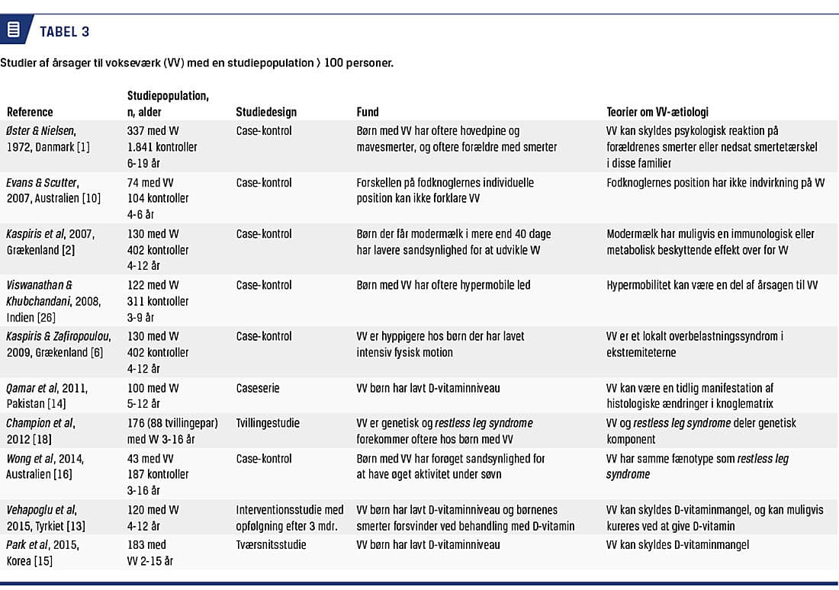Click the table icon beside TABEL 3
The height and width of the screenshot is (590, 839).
tap(13, 30)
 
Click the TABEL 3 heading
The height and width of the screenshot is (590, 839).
tap(64, 31)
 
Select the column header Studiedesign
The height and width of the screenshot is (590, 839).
tap(266, 112)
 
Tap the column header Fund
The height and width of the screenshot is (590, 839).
tap(368, 112)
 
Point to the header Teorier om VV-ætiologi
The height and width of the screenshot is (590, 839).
tap(657, 112)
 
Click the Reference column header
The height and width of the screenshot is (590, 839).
tap(30, 112)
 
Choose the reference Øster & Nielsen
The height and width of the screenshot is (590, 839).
tap(43, 131)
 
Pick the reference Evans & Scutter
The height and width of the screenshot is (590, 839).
tap(43, 183)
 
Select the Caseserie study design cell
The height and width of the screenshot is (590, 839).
tap(258, 388)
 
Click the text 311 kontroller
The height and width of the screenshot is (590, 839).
tap(158, 301)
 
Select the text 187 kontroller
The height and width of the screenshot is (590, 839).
tap(158, 475)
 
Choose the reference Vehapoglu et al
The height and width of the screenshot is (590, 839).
tap(41, 510)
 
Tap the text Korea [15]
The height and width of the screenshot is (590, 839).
tap(30, 561)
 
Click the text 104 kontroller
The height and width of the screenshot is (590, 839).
tap(158, 198)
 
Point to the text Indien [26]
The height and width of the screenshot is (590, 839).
tap(31, 317)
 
